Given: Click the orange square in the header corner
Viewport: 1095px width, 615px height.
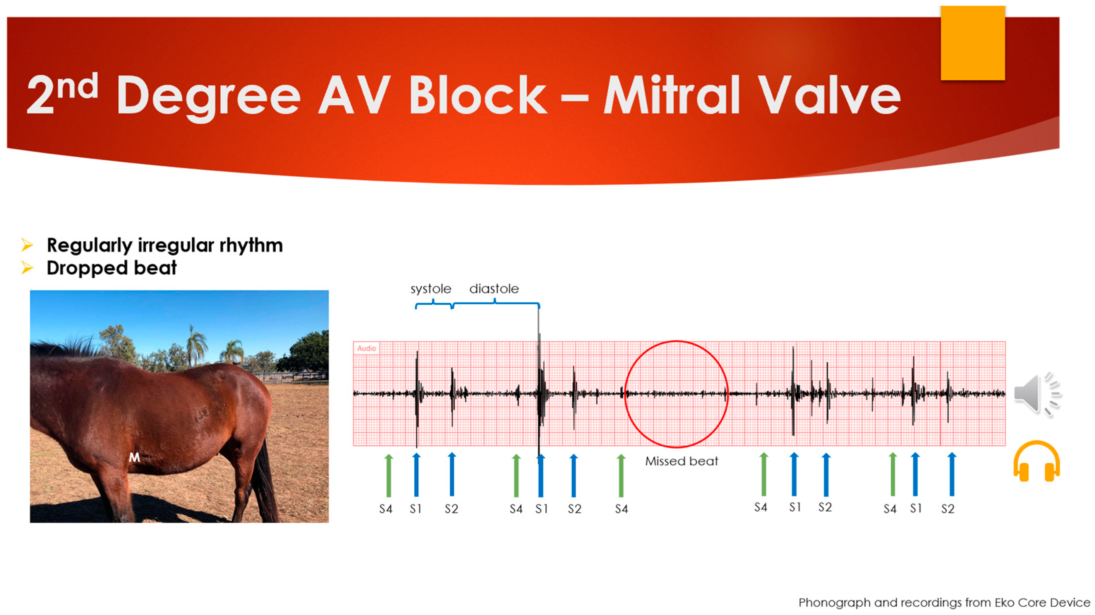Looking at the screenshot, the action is [x=973, y=43].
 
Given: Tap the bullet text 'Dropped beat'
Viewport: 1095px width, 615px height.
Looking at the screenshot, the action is [x=111, y=268].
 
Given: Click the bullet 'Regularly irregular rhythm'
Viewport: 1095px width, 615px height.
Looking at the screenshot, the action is [x=165, y=245].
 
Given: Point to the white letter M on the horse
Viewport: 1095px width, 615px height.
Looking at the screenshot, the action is [x=134, y=457].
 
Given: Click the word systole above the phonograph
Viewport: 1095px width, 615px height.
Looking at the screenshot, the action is [x=431, y=289].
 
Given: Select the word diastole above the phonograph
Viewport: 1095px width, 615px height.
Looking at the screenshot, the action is [x=494, y=289].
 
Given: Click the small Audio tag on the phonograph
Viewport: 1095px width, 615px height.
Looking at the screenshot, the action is [x=367, y=348].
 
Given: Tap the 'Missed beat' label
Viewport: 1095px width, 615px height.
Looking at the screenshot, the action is [x=681, y=461].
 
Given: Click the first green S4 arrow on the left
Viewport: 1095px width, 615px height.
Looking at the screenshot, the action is [x=389, y=476].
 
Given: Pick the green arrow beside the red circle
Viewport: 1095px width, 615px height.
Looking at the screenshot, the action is [x=621, y=476].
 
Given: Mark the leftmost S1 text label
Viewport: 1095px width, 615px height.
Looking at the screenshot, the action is [x=415, y=508].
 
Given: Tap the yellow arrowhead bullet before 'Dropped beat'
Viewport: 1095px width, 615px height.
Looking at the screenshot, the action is [x=27, y=268].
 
